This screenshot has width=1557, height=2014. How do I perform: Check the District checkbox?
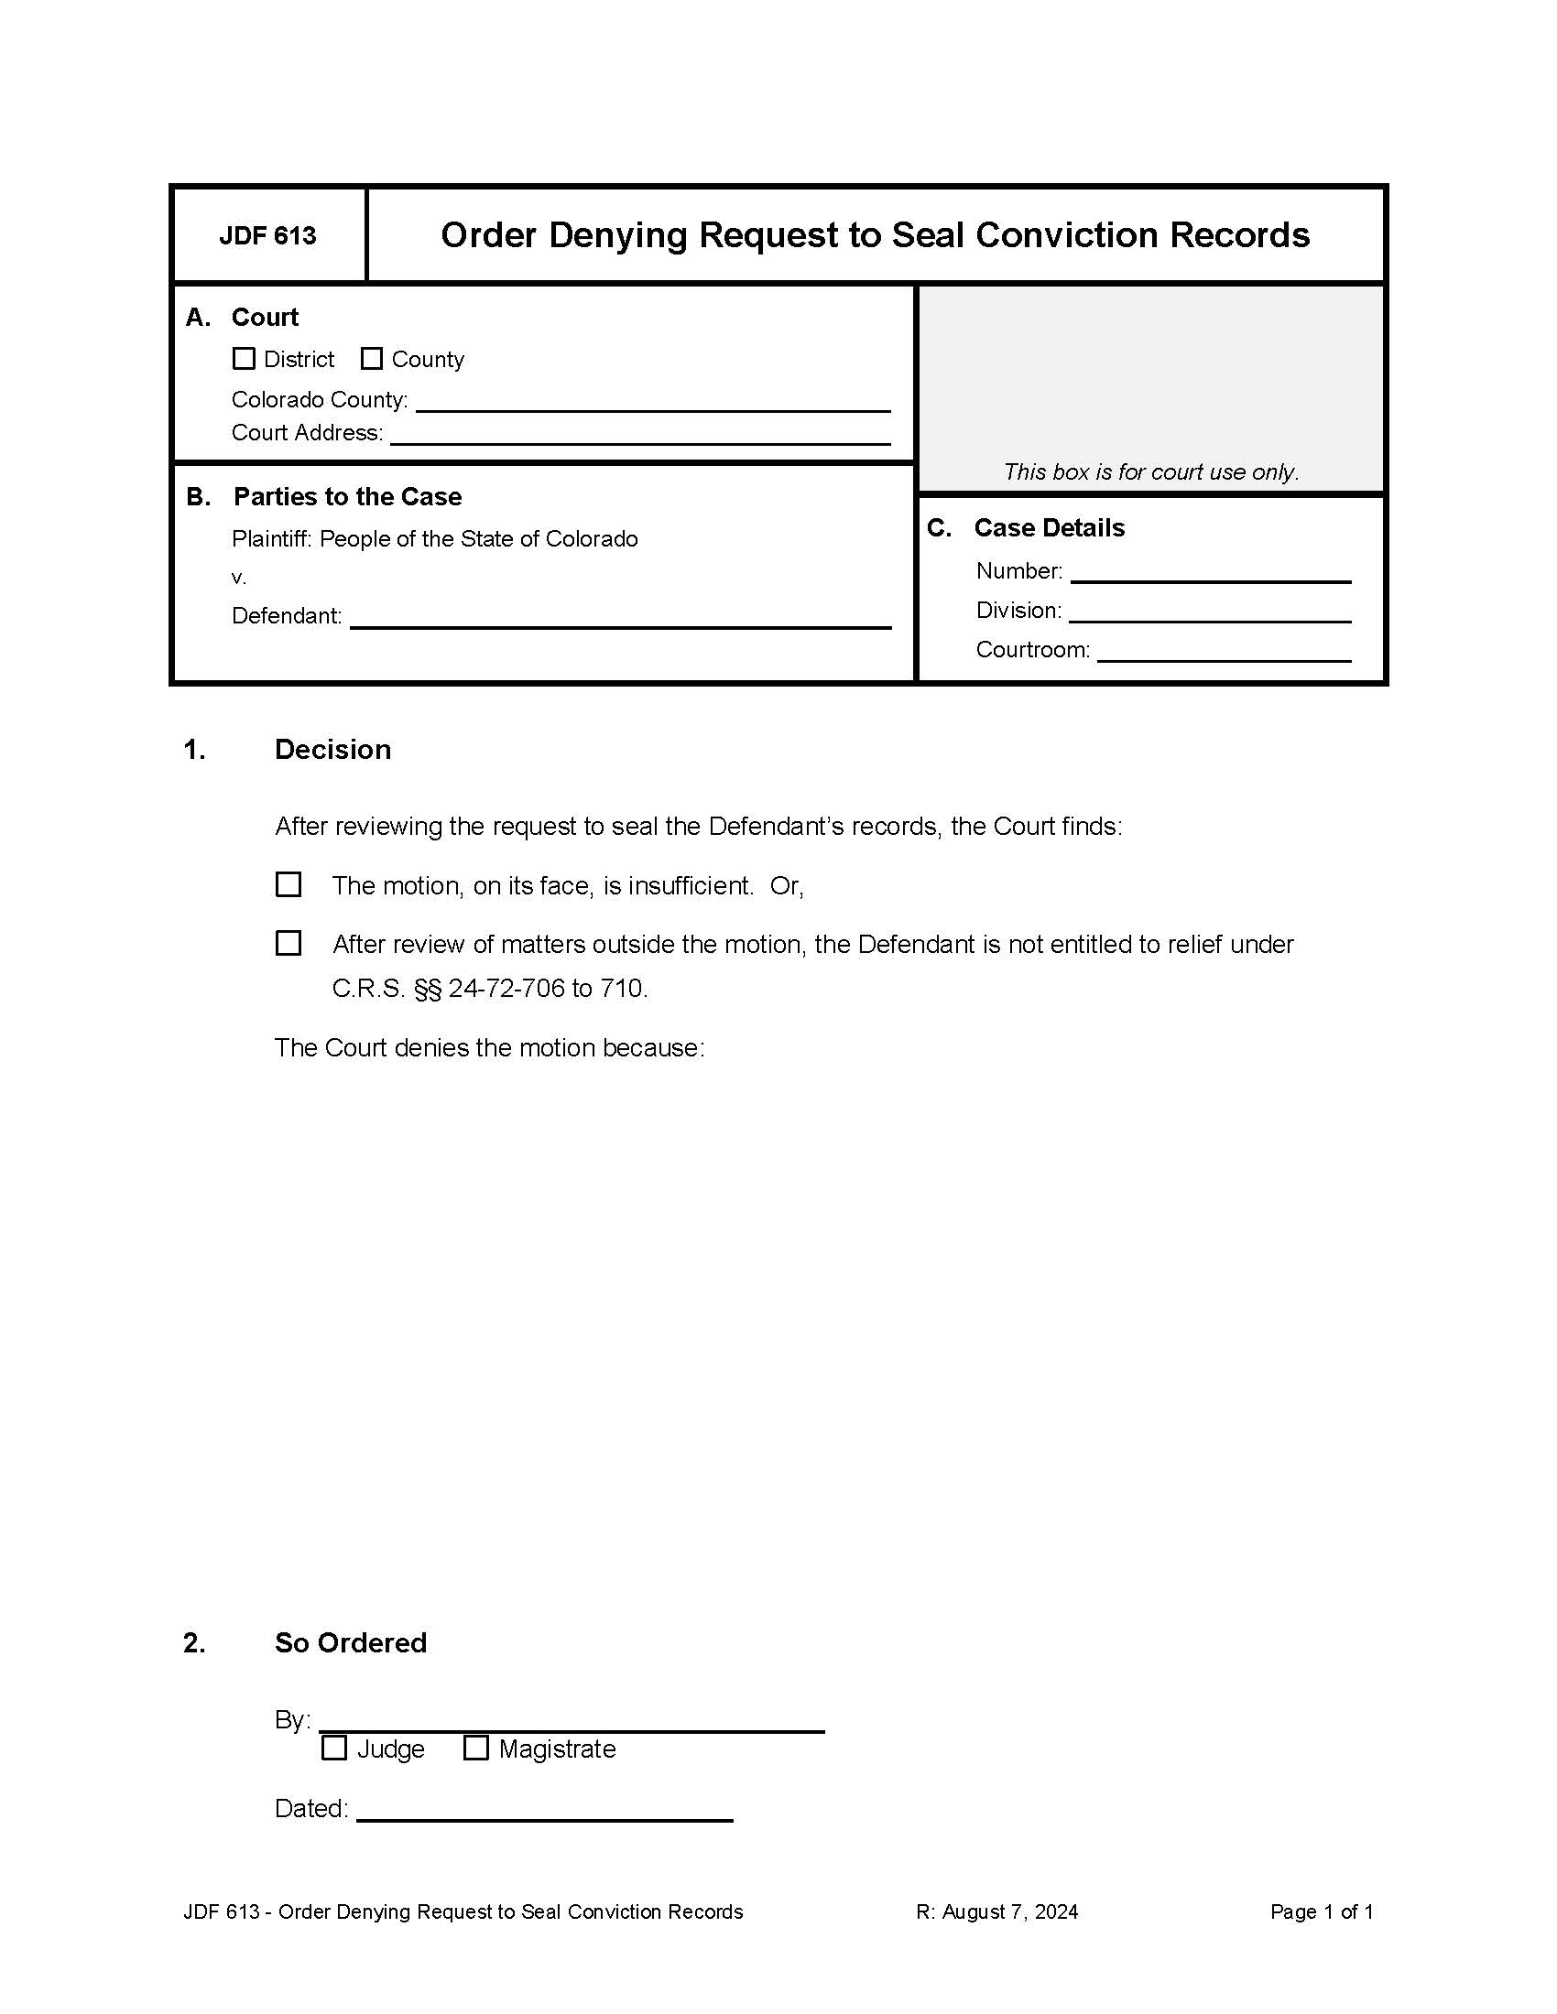(244, 359)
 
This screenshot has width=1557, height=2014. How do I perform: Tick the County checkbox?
(372, 359)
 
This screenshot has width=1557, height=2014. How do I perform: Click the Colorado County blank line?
(652, 401)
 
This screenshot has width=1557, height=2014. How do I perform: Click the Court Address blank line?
(639, 434)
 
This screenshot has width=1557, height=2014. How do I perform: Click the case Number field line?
(1209, 573)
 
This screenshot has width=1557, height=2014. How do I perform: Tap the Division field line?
(1209, 612)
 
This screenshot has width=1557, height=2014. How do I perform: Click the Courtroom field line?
(1223, 651)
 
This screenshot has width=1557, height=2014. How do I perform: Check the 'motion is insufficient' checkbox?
(289, 884)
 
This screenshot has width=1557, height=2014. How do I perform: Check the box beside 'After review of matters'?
(289, 943)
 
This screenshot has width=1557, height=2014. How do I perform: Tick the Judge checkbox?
(334, 1748)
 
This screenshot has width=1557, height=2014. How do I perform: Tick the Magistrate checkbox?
(476, 1748)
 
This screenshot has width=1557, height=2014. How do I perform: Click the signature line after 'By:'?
(571, 1722)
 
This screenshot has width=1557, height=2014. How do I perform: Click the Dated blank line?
(544, 1809)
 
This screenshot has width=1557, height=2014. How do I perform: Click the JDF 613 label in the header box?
(267, 236)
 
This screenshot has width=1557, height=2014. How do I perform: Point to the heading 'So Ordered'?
(351, 1642)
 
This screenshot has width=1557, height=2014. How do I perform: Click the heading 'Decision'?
(332, 750)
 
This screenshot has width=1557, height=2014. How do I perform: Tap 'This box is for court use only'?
(1150, 472)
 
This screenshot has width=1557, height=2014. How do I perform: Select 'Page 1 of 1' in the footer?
(1321, 1911)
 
